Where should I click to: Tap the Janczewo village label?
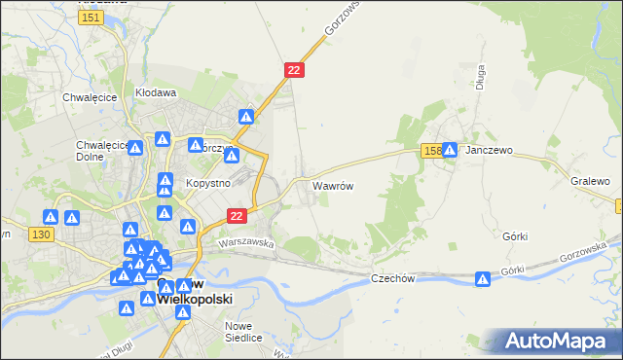(489, 152)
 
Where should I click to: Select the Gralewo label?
(591, 182)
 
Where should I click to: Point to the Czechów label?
(393, 278)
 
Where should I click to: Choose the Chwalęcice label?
(90, 97)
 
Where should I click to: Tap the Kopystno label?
(207, 183)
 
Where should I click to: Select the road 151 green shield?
(92, 18)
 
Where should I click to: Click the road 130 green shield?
(40, 234)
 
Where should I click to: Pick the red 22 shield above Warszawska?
(237, 215)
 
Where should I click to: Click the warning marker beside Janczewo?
(450, 151)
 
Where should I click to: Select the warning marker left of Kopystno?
(165, 182)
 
